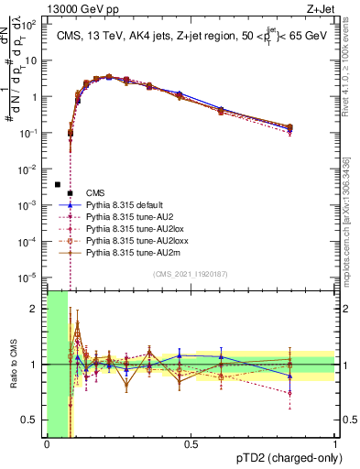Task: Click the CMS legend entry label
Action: coord(95,192)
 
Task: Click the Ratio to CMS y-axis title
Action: coord(12,364)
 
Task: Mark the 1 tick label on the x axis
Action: coord(335,445)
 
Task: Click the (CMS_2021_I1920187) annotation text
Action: coord(190,274)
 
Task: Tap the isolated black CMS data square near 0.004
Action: coord(57,184)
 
